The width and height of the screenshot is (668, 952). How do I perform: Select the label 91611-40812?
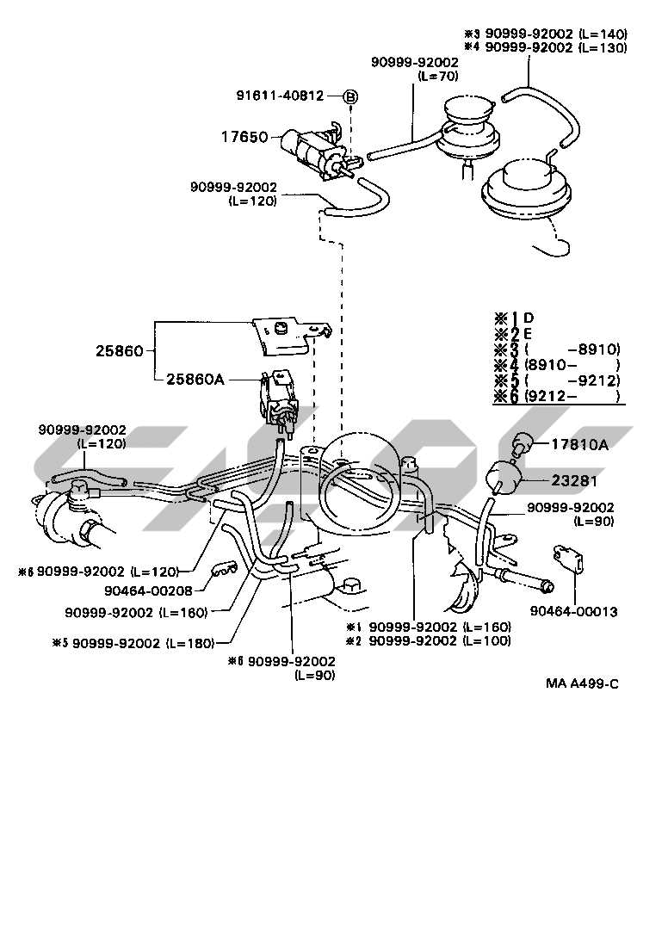(280, 96)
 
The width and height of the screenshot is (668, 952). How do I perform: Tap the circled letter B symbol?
(350, 96)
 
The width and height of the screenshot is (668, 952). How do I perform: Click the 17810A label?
(578, 444)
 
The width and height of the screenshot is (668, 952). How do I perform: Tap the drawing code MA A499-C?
(582, 684)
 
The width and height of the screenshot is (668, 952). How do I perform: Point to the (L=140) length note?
(603, 34)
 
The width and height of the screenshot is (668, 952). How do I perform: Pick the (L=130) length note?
(603, 47)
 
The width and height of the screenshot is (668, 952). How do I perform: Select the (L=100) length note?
(486, 640)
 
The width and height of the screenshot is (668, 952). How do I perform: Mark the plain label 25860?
(121, 350)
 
